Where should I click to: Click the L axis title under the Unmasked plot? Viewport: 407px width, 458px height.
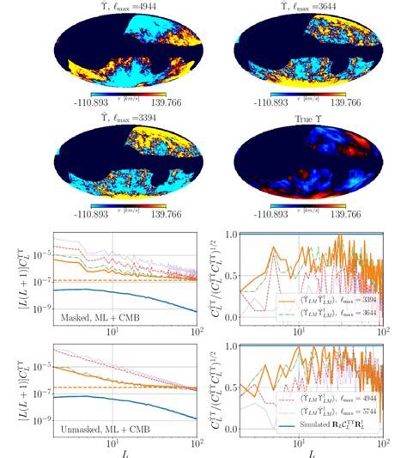pyautogui.click(x=111, y=450)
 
